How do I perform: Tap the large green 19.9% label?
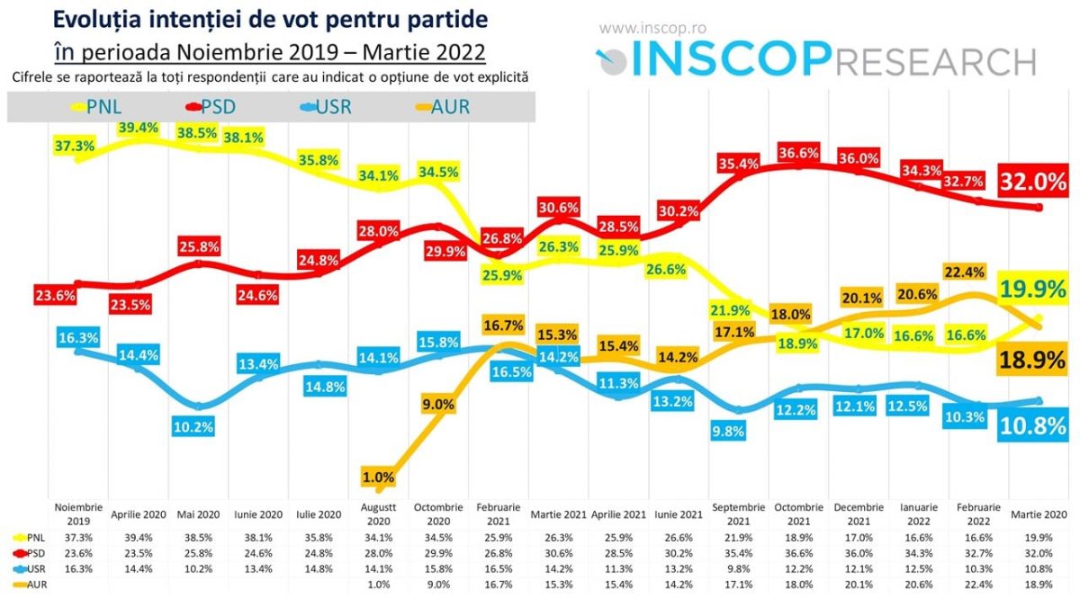tap(1034, 289)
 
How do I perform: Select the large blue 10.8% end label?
tap(1032, 425)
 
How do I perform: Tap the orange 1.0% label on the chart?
tap(379, 477)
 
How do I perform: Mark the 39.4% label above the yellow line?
tap(138, 129)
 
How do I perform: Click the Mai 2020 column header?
tap(196, 515)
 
